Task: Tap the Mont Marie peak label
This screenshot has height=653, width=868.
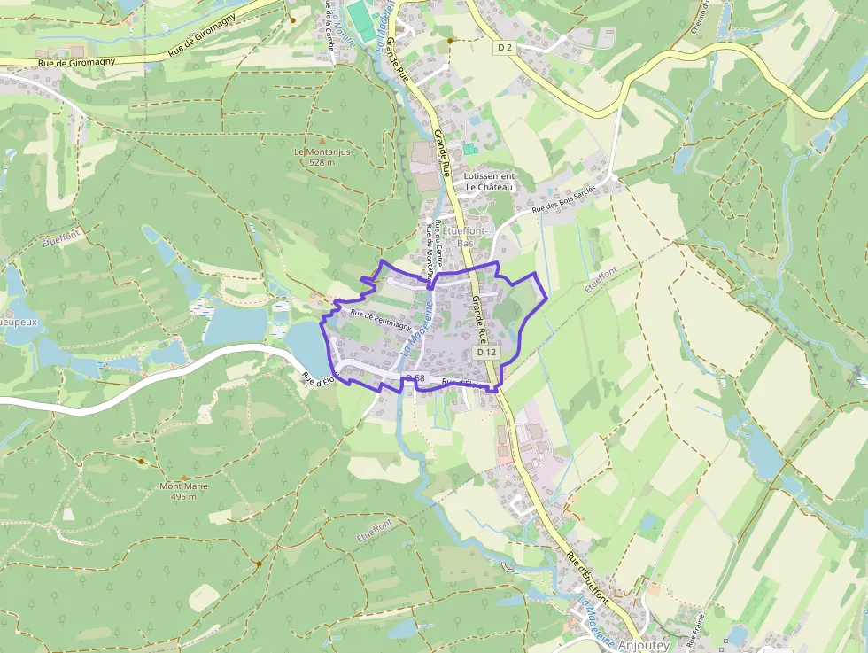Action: click(183, 486)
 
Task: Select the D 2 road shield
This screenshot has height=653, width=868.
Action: click(504, 48)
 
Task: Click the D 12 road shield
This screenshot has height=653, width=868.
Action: click(486, 352)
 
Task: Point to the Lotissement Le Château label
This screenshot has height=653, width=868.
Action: click(489, 182)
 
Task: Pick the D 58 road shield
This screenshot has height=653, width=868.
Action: click(415, 379)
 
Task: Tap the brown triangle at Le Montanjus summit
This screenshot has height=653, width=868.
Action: click(322, 139)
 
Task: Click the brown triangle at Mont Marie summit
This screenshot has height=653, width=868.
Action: click(183, 474)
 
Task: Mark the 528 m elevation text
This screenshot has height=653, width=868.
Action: click(322, 162)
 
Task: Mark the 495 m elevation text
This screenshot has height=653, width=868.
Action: click(183, 496)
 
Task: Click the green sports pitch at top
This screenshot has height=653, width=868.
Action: click(360, 16)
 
